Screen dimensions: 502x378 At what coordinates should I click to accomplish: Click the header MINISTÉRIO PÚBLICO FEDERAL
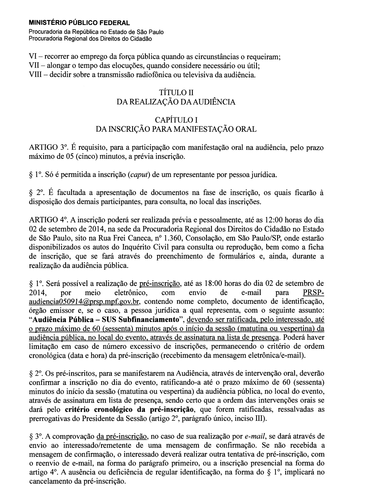tap(80, 23)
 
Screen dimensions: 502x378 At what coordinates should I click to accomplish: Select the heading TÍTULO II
tap(176, 93)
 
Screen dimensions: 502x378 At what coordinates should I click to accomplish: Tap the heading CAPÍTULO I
tap(176, 120)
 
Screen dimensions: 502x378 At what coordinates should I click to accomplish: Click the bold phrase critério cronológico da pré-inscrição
tap(130, 409)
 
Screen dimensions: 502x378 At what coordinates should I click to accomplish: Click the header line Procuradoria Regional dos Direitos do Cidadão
tap(90, 39)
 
